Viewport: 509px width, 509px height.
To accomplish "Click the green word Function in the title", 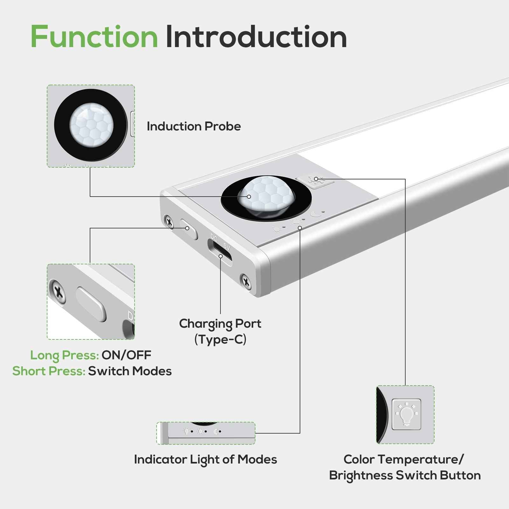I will click(x=94, y=37).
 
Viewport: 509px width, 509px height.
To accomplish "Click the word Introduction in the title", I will click(x=256, y=37).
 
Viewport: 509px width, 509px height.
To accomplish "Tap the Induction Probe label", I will click(x=193, y=126).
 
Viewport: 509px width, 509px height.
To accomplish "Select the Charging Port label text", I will click(x=220, y=324).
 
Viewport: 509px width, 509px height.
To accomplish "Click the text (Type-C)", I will click(x=220, y=339).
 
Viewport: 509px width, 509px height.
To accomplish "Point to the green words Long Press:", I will click(x=64, y=355).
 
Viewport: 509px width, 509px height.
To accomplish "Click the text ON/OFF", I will click(x=126, y=355).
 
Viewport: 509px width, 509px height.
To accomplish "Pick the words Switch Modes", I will click(x=130, y=371).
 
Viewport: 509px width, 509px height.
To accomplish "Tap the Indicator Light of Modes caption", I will click(x=206, y=459).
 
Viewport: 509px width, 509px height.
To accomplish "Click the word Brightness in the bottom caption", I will click(x=361, y=475).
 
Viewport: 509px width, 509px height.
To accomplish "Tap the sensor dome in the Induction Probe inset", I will click(x=91, y=125).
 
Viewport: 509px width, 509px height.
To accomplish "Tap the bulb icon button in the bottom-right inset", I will click(x=406, y=414).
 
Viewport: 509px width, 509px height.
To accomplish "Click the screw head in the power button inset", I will click(x=58, y=291).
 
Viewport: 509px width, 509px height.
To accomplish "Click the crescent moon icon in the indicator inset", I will click(x=216, y=431).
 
